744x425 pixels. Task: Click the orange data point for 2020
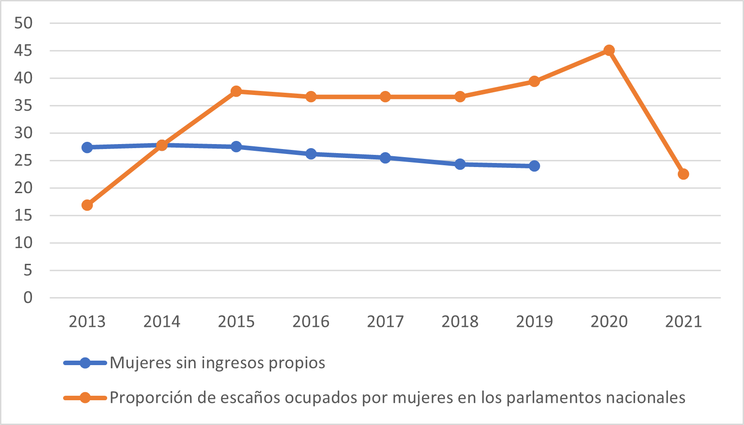click(609, 50)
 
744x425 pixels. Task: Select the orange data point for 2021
click(683, 174)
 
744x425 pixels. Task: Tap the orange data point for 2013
click(87, 205)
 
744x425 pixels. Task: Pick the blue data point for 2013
click(87, 147)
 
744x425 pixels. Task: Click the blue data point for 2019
click(534, 166)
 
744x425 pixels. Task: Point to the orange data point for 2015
click(236, 91)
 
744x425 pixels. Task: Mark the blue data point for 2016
click(311, 154)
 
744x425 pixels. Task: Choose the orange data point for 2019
click(534, 81)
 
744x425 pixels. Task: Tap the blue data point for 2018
click(460, 164)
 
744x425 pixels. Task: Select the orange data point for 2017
click(385, 97)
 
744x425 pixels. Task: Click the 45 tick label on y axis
click(23, 50)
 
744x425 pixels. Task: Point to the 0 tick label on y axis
click(28, 297)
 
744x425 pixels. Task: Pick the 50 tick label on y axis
click(23, 23)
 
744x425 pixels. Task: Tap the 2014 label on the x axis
click(162, 321)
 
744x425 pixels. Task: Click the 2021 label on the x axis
click(683, 321)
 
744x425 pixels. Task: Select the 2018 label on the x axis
click(460, 321)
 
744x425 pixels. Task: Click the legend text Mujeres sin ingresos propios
click(217, 363)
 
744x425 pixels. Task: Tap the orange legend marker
click(85, 398)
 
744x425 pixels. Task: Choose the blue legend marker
click(85, 363)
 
